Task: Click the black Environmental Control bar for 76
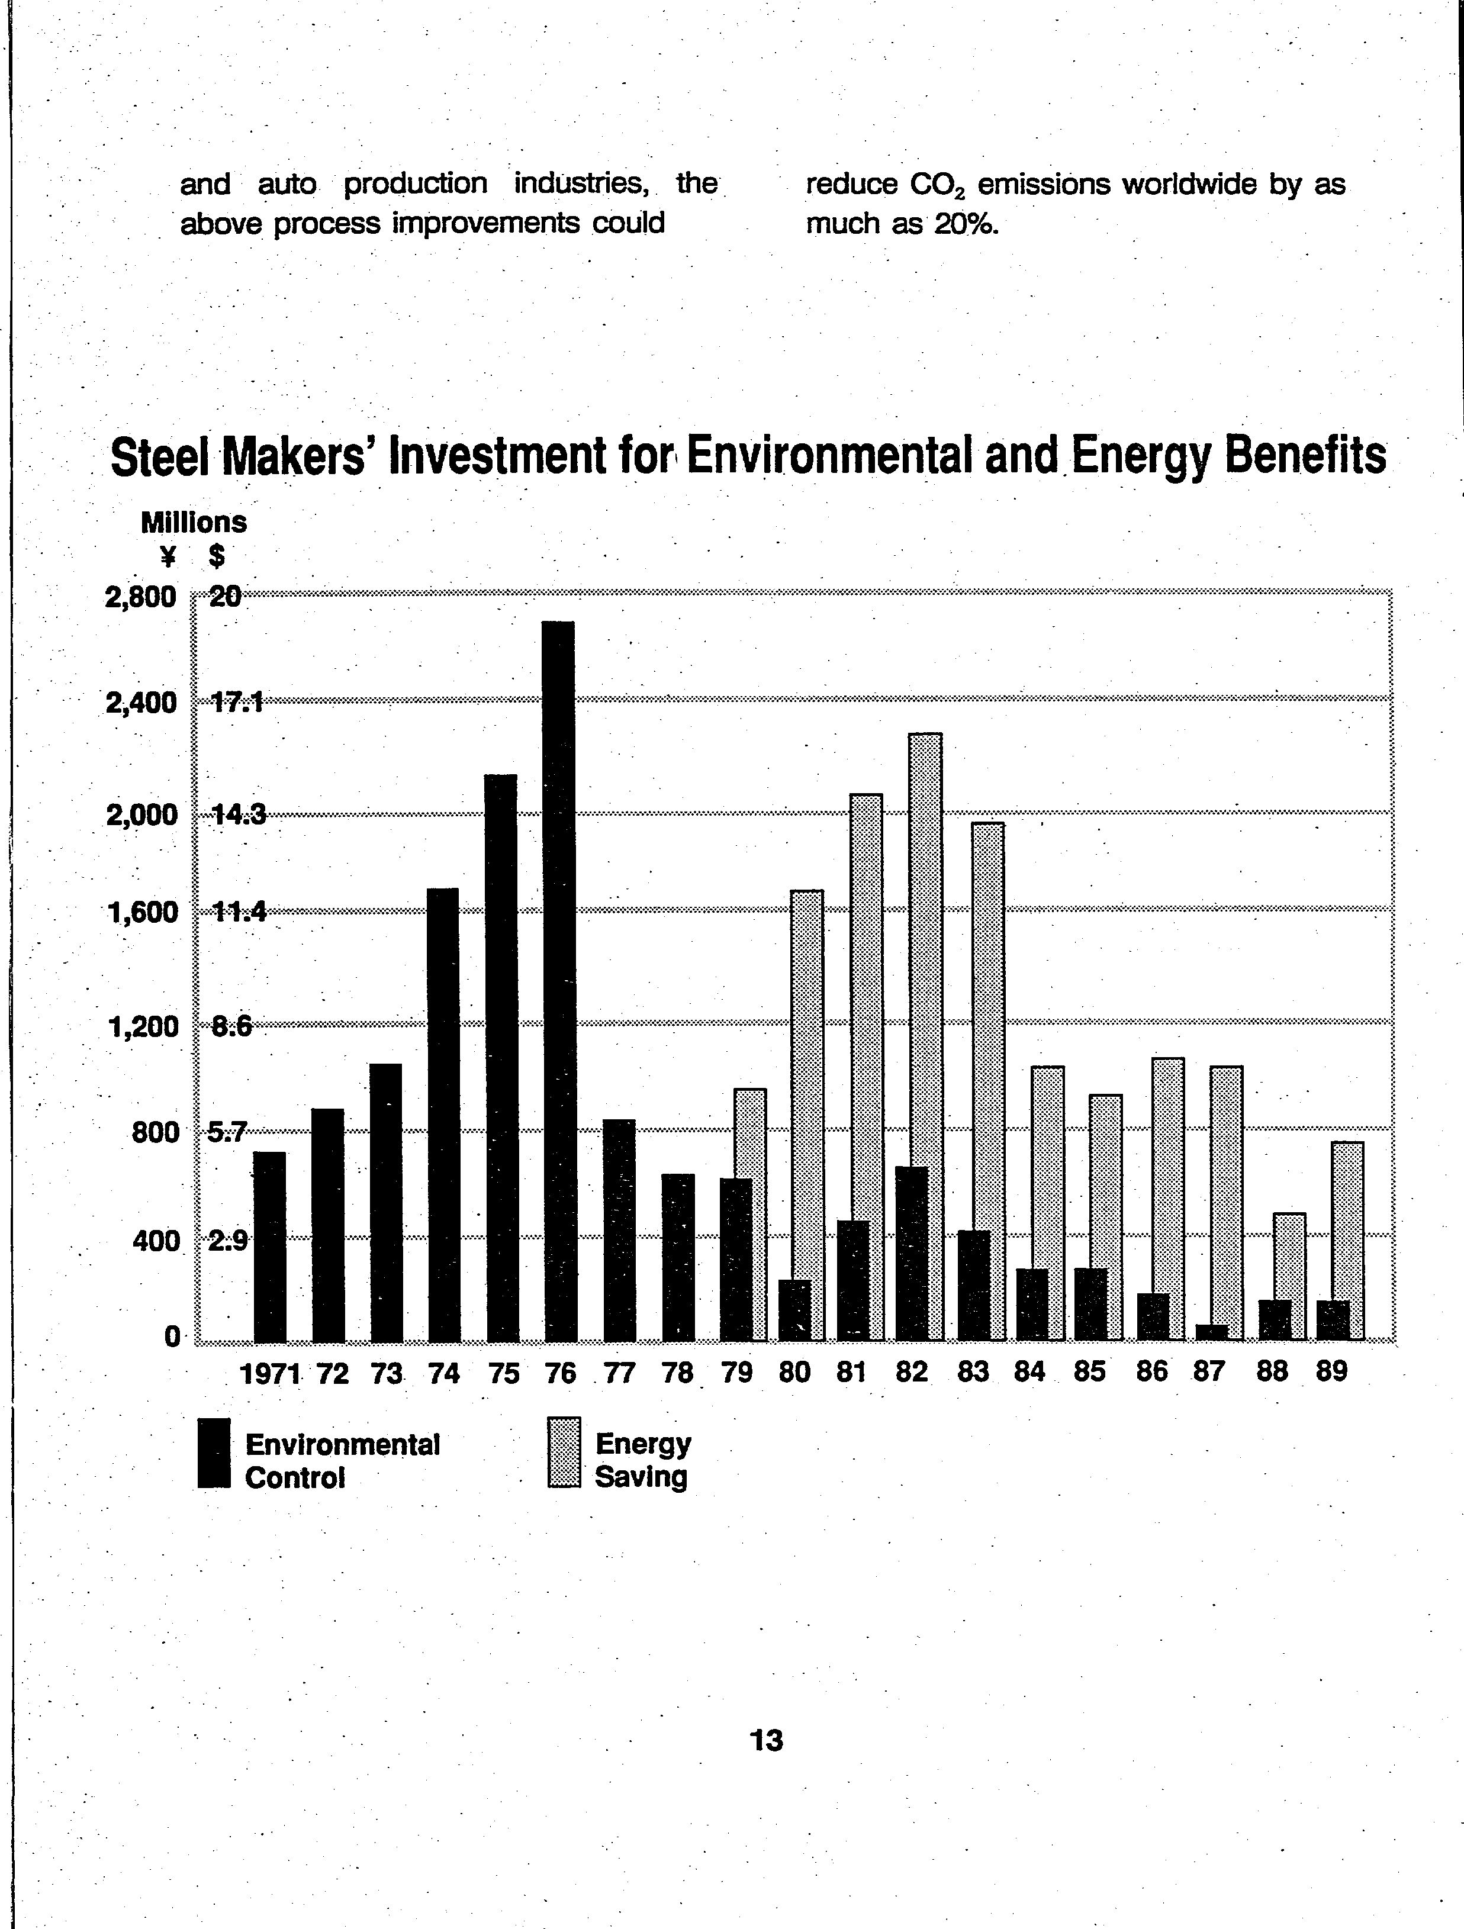[x=558, y=980]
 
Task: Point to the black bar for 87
[x=1211, y=1332]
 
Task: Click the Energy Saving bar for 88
[x=1289, y=1276]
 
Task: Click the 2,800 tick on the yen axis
[x=140, y=598]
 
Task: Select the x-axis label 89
[x=1331, y=1372]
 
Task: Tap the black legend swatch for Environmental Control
[x=214, y=1453]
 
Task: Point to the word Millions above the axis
[x=194, y=523]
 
